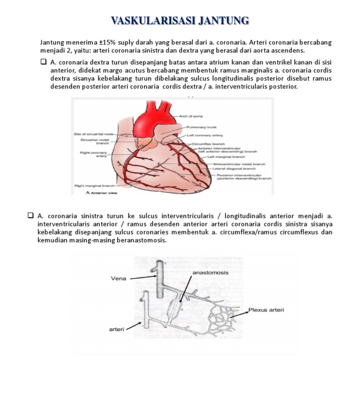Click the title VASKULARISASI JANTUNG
click(180, 20)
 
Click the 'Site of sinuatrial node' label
click(93, 134)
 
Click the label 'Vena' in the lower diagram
click(119, 278)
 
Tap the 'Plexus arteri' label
click(266, 310)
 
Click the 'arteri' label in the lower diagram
click(117, 329)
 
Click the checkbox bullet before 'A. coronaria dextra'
click(44, 61)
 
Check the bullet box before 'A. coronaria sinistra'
click(31, 215)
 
